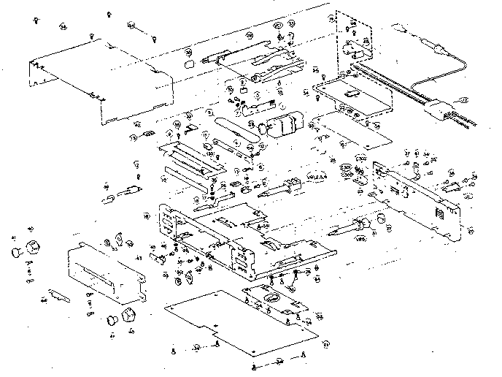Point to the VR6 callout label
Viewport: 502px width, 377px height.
[x=360, y=237]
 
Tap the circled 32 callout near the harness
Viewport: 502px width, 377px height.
[x=461, y=99]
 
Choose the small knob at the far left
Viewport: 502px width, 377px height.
[x=15, y=253]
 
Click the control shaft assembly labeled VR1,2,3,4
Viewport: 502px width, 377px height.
[x=285, y=186]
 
